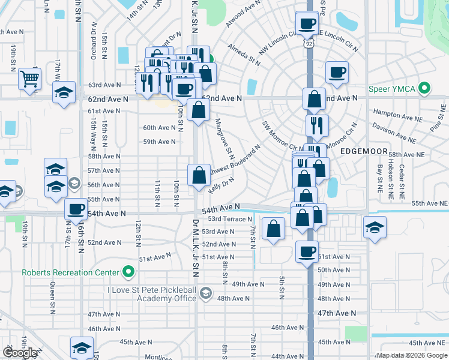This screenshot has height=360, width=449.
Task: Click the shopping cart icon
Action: (30, 78)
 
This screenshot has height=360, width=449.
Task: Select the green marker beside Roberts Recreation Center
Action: (128, 272)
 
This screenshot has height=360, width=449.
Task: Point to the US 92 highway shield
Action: (308, 44)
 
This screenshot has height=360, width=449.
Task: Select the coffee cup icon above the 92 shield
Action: (307, 23)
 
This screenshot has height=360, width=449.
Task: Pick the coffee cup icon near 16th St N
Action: (76, 209)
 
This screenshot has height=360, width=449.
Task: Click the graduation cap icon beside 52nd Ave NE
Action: (375, 228)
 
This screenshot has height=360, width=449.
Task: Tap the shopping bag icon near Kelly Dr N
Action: (199, 175)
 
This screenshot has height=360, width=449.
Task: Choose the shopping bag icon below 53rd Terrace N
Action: (274, 229)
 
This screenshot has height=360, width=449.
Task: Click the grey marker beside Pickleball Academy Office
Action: (206, 293)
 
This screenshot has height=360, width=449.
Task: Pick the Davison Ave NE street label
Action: (393, 133)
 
